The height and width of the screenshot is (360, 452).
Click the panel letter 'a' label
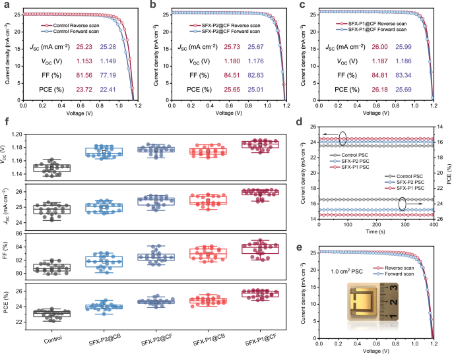(5, 5)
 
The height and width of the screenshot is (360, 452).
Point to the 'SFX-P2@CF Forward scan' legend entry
(220, 30)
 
